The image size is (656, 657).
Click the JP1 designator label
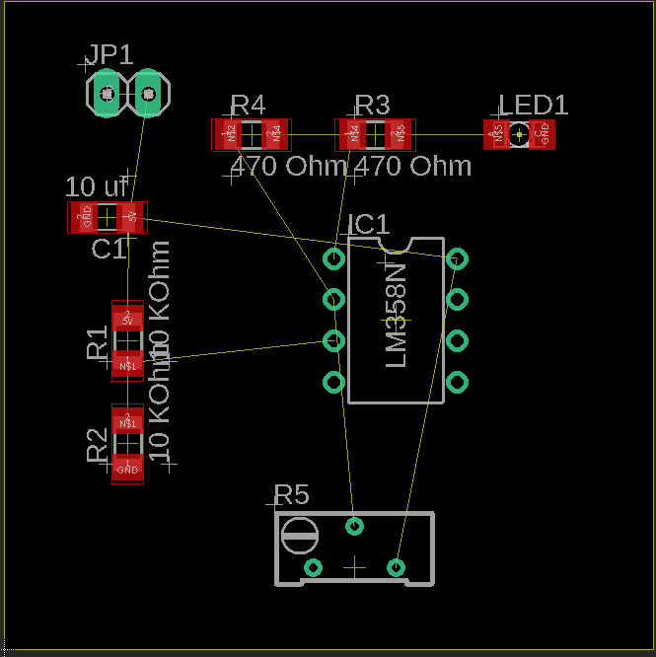click(x=109, y=54)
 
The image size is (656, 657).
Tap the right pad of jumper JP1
click(x=149, y=94)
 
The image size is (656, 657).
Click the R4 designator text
click(x=248, y=106)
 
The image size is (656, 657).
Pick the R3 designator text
click(x=372, y=106)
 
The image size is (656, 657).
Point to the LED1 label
click(x=534, y=106)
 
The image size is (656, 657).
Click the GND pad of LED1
click(x=544, y=133)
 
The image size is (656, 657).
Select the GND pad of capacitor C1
click(x=85, y=216)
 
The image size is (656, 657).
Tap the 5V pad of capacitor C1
click(x=130, y=216)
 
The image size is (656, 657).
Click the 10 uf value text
click(x=97, y=186)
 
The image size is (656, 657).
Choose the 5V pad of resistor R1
click(x=127, y=318)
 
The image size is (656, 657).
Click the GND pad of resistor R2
click(x=127, y=468)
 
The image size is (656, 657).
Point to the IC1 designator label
click(x=369, y=225)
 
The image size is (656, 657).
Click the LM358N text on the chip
click(x=396, y=314)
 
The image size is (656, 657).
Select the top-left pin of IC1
click(x=334, y=258)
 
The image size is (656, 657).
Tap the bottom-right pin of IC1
click(x=457, y=382)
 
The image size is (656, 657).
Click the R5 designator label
click(x=292, y=494)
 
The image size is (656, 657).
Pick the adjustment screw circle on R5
click(x=300, y=537)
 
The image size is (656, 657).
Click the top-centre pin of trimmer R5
click(x=354, y=526)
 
